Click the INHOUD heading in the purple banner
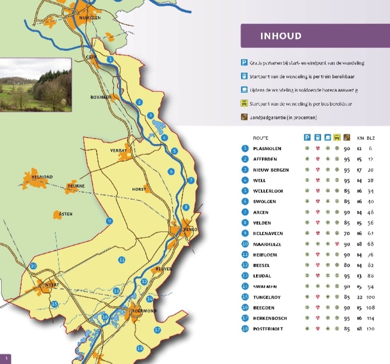click(x=280, y=36)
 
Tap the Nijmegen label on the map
click(x=90, y=17)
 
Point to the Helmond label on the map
click(x=42, y=176)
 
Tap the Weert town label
click(x=52, y=285)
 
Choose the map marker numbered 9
click(x=109, y=221)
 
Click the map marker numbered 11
click(x=121, y=260)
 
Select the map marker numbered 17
click(x=157, y=330)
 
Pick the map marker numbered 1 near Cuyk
click(x=110, y=59)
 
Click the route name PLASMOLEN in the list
click(x=267, y=149)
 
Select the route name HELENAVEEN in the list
click(x=269, y=234)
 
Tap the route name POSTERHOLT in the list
click(x=269, y=329)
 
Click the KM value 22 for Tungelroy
click(x=358, y=297)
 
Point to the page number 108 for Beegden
click(x=370, y=308)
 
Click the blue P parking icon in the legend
click(x=244, y=63)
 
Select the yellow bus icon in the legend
click(x=244, y=104)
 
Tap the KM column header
click(x=359, y=138)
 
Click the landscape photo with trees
click(x=35, y=85)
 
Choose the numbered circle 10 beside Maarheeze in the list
click(x=245, y=244)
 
